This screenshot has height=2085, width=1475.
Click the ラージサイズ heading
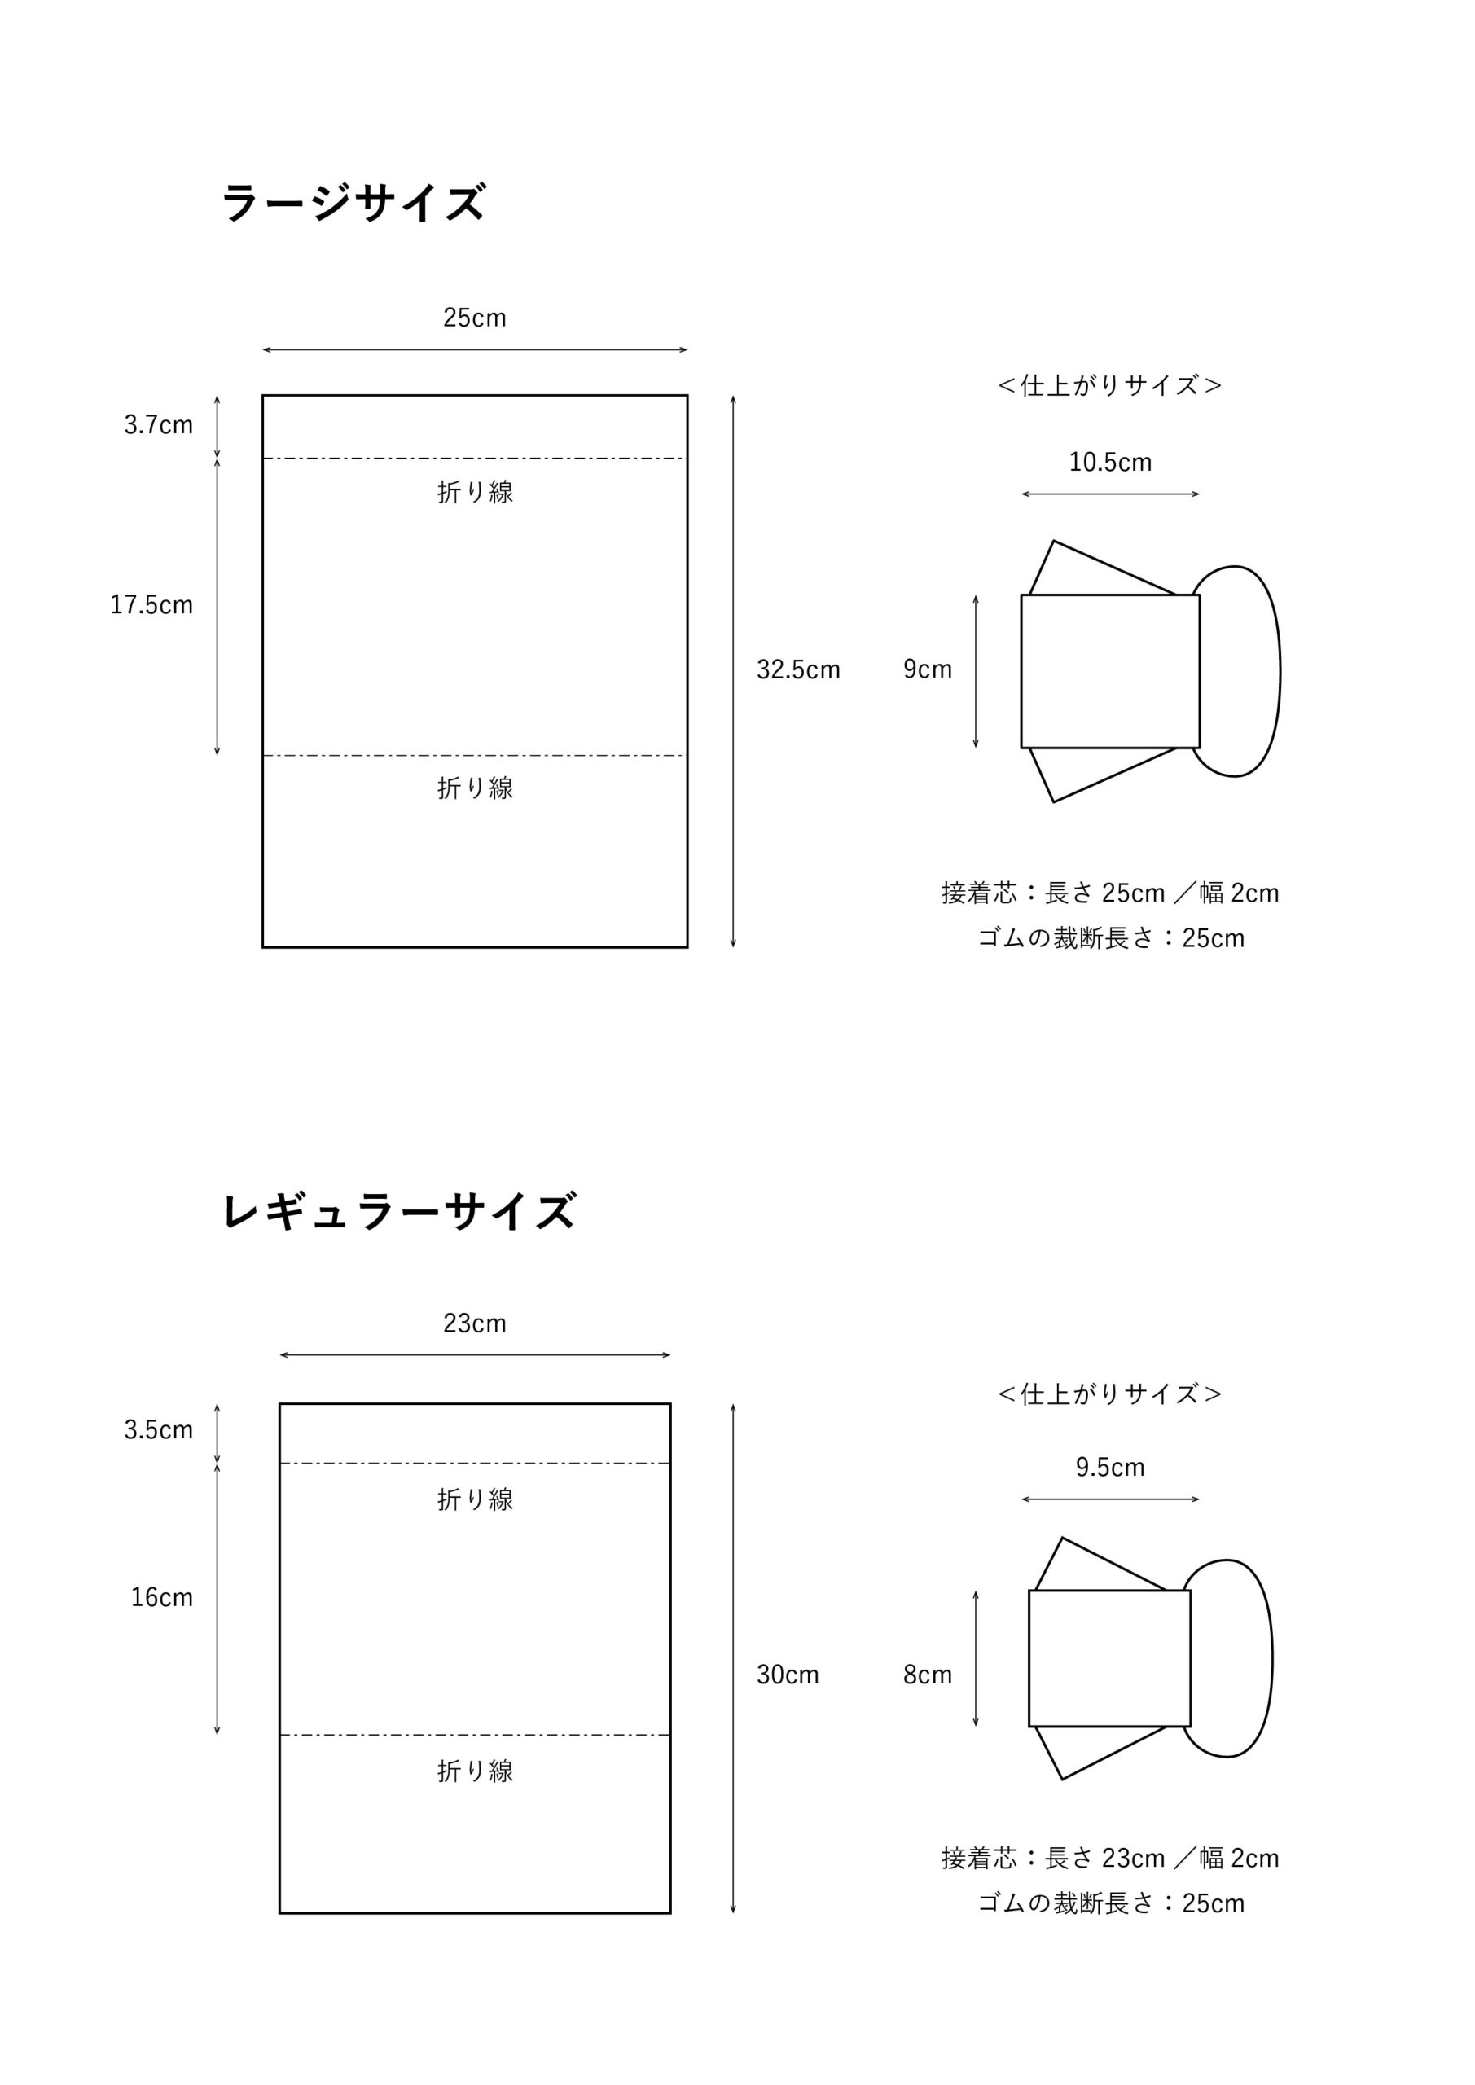pyautogui.click(x=353, y=202)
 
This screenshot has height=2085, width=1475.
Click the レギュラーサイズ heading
pyautogui.click(x=399, y=1210)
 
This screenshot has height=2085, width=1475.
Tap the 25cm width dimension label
pyautogui.click(x=474, y=318)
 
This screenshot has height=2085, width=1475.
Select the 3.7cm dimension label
pyautogui.click(x=158, y=425)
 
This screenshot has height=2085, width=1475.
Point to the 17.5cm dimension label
pyautogui.click(x=151, y=605)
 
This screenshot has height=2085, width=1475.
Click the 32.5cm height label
pyautogui.click(x=798, y=669)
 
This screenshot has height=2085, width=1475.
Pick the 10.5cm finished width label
pyautogui.click(x=1110, y=463)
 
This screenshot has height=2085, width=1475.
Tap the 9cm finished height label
pyautogui.click(x=928, y=669)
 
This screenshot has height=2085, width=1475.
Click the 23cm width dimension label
pyautogui.click(x=474, y=1323)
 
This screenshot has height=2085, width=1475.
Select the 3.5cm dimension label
pyautogui.click(x=158, y=1430)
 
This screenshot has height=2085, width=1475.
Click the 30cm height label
pyautogui.click(x=788, y=1675)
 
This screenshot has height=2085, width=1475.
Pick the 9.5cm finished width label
pyautogui.click(x=1110, y=1468)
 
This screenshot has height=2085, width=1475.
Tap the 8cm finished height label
pyautogui.click(x=928, y=1675)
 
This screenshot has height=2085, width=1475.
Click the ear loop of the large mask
pyautogui.click(x=1280, y=671)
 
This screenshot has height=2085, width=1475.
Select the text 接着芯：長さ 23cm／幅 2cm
pyautogui.click(x=1110, y=1859)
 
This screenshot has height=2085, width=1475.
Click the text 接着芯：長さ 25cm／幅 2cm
pyautogui.click(x=1110, y=893)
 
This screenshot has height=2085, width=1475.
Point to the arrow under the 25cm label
pyautogui.click(x=475, y=349)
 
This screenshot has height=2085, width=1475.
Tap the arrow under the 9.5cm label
pyautogui.click(x=1110, y=1499)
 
